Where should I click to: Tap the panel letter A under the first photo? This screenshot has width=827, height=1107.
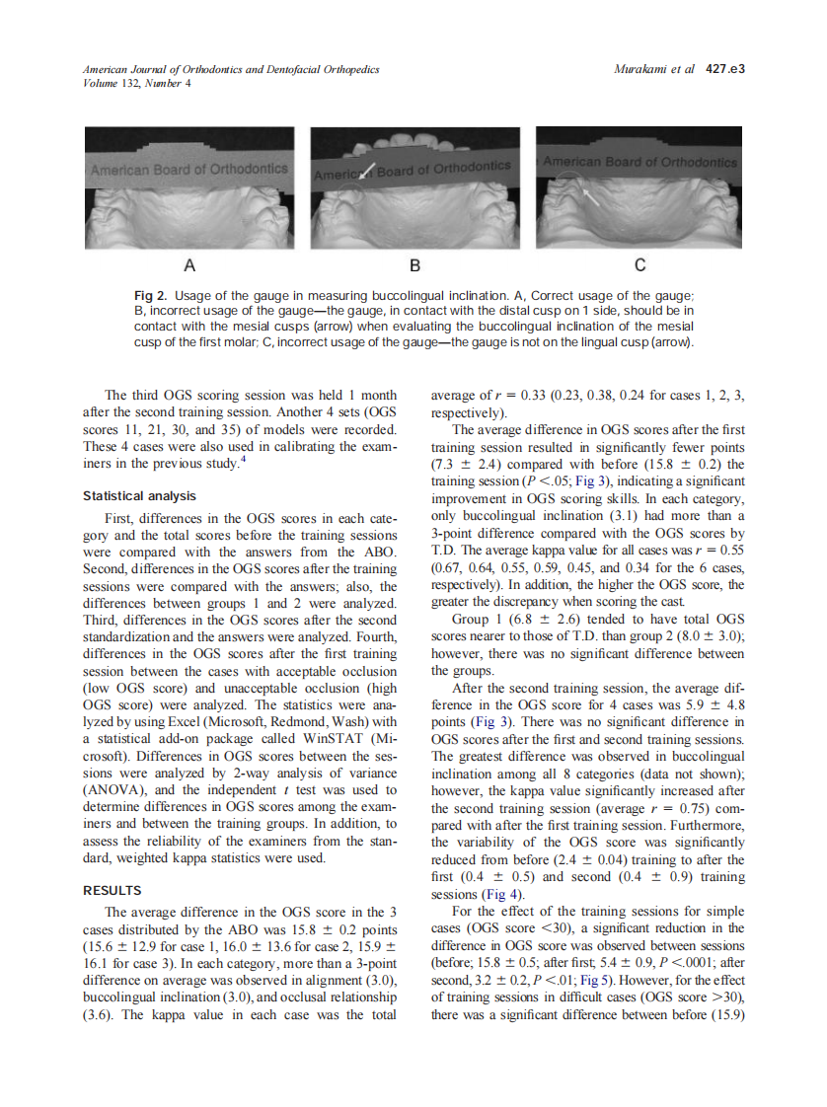click(x=189, y=265)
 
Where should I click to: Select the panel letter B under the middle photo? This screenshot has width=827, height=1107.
click(x=415, y=265)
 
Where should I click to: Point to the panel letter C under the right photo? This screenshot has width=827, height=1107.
click(x=640, y=265)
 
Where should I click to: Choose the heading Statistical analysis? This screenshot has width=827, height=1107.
click(x=139, y=495)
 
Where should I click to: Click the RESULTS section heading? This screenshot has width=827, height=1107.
click(x=113, y=891)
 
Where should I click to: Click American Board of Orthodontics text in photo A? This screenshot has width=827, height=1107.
click(x=189, y=169)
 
